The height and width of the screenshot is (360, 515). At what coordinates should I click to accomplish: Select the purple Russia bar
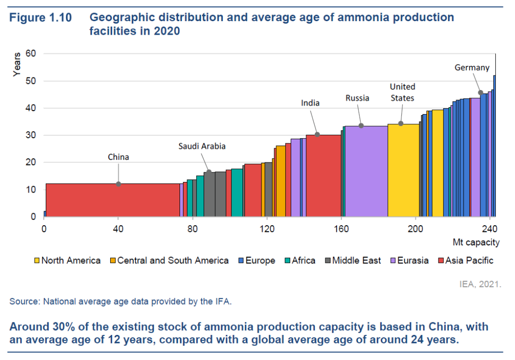[x=366, y=171]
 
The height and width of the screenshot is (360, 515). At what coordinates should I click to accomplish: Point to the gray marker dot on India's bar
[x=317, y=134]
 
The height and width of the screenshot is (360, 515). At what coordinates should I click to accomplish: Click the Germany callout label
[x=472, y=67]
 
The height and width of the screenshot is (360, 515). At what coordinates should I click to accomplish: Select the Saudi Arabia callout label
[x=202, y=146]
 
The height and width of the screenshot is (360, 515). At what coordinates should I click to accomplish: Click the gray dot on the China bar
[x=119, y=184]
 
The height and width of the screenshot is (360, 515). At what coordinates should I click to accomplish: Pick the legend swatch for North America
[x=37, y=260]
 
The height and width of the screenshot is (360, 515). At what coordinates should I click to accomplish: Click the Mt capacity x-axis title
[x=476, y=242]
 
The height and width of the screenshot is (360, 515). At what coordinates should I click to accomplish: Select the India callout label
[x=310, y=103]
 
